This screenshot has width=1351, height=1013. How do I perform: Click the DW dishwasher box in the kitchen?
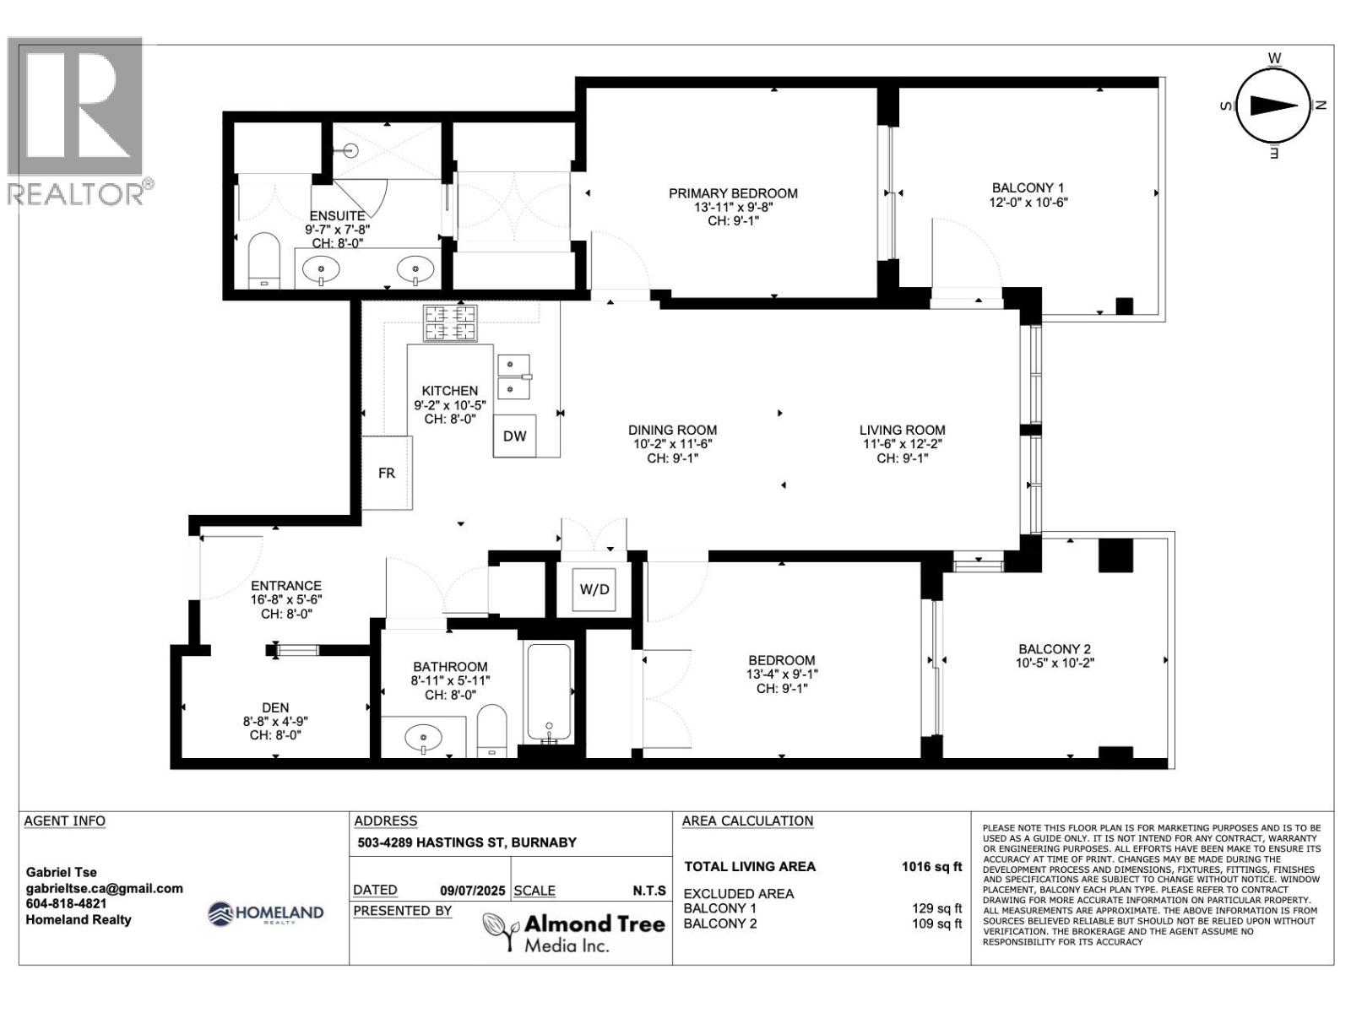coord(514,436)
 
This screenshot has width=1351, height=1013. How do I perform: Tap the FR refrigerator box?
coord(386,473)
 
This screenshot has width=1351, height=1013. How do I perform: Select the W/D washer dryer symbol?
coord(594,589)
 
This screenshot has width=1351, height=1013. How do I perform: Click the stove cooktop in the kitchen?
coord(450,323)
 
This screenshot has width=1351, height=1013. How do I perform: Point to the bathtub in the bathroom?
coord(549,693)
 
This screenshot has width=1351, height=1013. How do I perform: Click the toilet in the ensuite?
coord(263,260)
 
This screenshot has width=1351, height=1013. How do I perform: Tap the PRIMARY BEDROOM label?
coord(733,193)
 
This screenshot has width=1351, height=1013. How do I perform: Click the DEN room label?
coord(275,707)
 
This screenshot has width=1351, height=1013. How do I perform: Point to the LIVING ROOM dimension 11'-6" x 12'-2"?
coord(902,444)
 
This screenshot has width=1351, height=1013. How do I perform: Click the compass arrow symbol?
coord(1273,105)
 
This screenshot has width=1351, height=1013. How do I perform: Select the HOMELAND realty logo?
coord(266,913)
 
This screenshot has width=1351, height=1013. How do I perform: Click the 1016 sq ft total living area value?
coord(931,866)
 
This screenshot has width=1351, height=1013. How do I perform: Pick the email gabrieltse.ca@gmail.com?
coord(105,888)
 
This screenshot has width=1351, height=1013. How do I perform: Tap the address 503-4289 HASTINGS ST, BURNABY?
coord(467,842)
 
